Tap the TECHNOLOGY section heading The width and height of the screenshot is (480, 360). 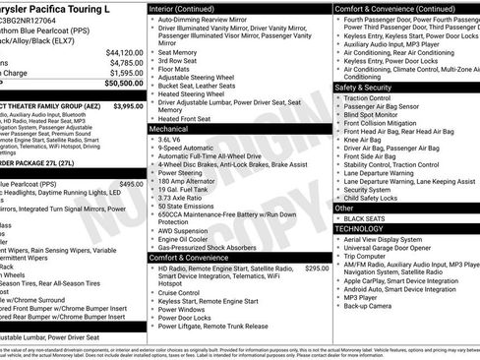359,228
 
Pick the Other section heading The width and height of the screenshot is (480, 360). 344,208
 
